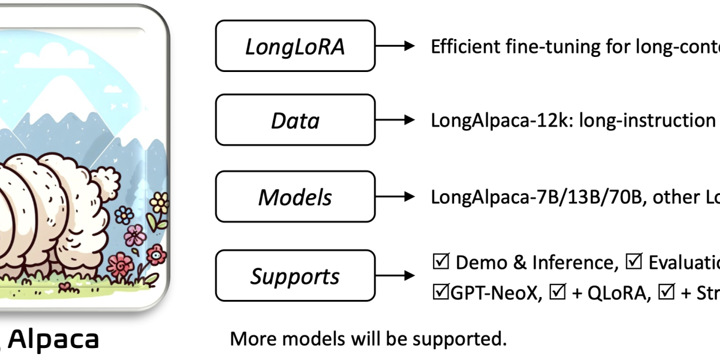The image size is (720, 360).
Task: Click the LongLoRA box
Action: tap(295, 46)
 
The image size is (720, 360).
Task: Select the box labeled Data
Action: tap(295, 121)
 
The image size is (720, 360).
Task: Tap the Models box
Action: tap(295, 197)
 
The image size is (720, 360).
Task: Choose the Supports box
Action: tap(295, 276)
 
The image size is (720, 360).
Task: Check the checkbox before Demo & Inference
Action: tap(440, 262)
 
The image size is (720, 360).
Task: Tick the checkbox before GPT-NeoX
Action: tap(440, 293)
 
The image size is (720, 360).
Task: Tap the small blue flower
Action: tap(124, 214)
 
